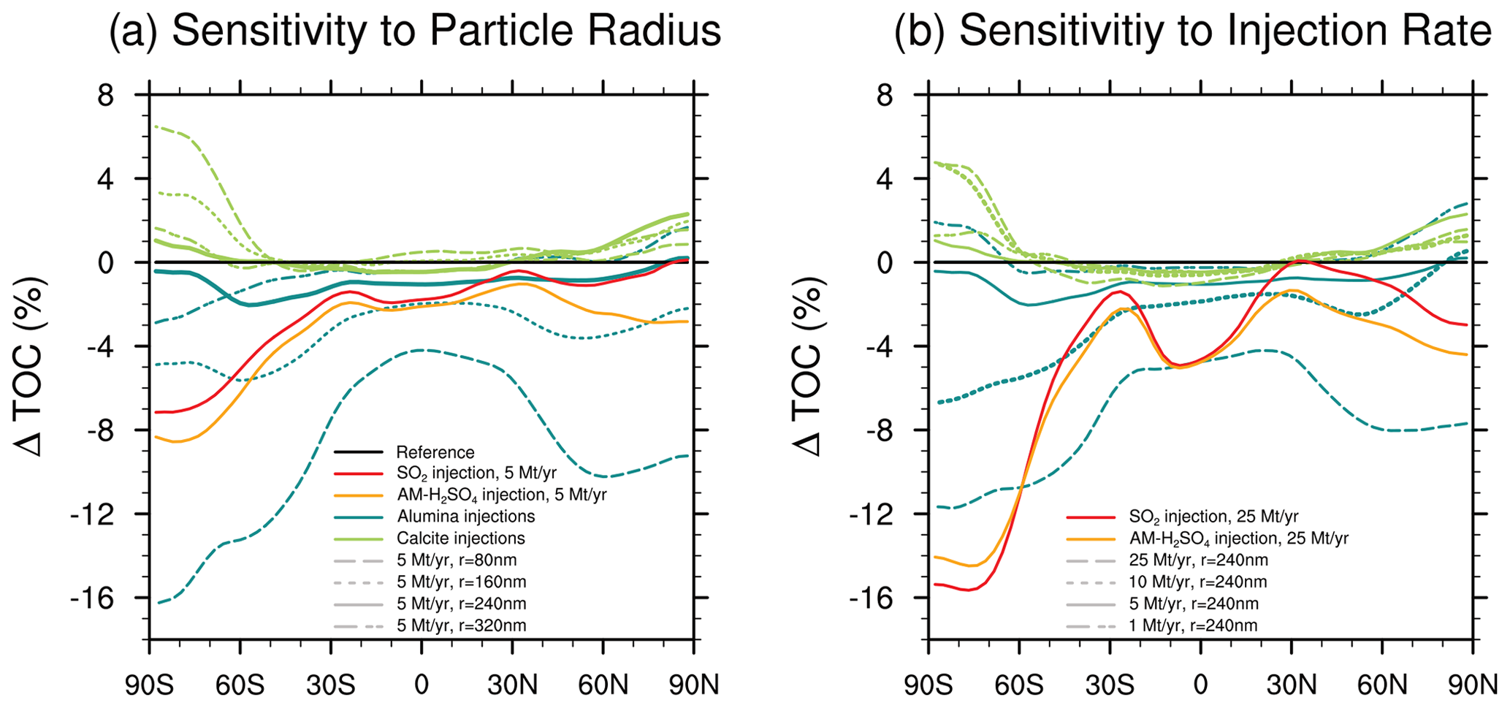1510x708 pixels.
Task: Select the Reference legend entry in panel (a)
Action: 435,452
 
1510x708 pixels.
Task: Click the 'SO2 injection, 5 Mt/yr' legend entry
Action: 476,473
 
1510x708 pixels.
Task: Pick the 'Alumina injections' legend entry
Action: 465,517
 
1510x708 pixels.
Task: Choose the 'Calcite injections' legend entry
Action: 460,538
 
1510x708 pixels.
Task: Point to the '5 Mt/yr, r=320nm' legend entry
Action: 461,625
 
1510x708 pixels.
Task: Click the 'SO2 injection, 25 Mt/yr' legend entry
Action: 1213,517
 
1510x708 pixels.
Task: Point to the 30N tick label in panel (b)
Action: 1291,686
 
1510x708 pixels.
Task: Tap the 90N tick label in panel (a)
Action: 693,686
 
